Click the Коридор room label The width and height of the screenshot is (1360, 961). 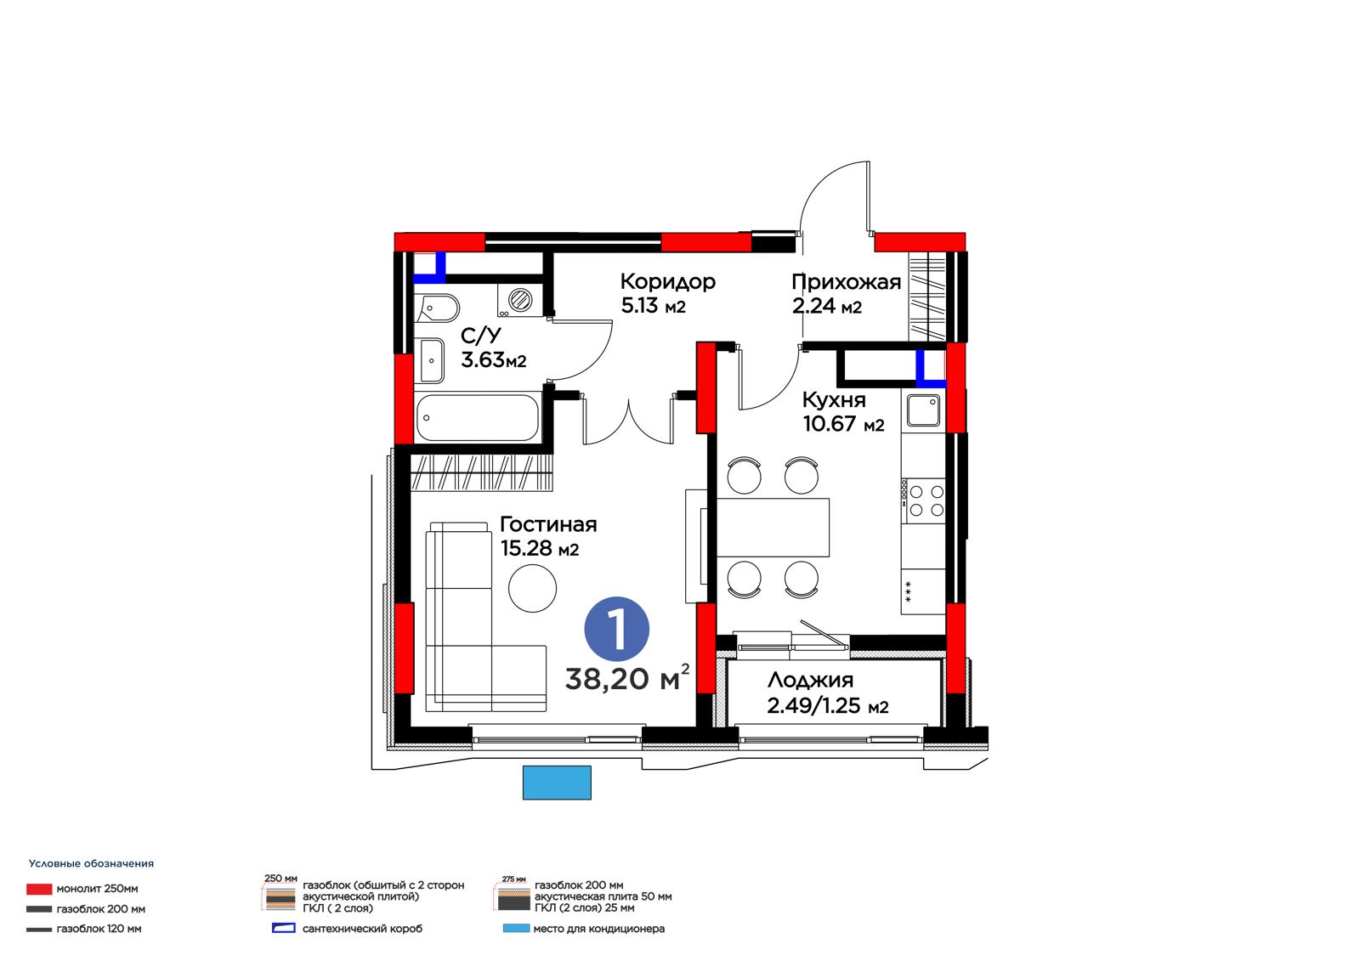coord(667,282)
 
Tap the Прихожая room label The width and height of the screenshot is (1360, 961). coord(846,282)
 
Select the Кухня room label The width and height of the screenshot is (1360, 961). coord(834,400)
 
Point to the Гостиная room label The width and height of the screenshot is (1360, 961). coord(548,524)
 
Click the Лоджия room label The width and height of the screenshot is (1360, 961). coord(810,680)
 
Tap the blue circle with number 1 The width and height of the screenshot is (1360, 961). coord(616,629)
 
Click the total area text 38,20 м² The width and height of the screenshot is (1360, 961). coord(627,679)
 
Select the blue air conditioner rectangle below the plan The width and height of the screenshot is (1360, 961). coord(557,783)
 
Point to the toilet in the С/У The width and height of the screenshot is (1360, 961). coord(437,308)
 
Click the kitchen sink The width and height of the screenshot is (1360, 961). coord(923,410)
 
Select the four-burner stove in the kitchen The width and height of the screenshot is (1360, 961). coord(923,500)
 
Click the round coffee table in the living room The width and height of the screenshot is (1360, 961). coord(532,588)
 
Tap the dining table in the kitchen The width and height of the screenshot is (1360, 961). coord(773,528)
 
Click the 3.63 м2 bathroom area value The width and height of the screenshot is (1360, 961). coord(493,360)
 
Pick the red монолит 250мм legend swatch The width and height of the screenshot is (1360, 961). coord(39,890)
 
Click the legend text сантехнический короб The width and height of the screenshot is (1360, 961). coord(362,929)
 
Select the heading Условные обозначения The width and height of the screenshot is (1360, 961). coord(91,864)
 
